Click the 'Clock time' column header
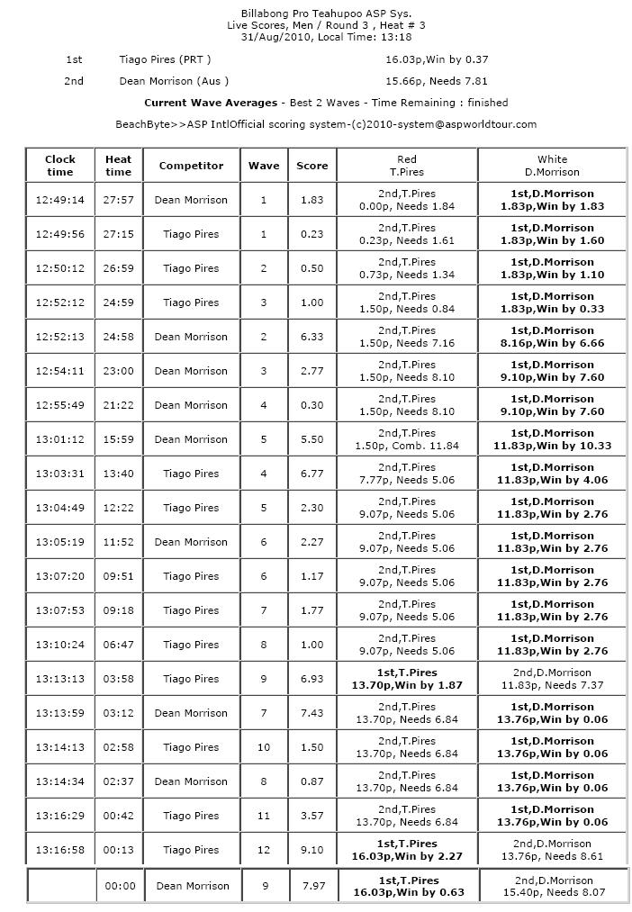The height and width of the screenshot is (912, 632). click(59, 166)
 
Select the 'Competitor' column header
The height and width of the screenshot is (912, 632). click(191, 166)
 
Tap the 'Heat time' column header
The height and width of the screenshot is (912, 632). click(118, 166)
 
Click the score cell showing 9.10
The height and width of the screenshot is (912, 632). click(312, 850)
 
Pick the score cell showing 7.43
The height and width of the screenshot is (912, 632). click(312, 713)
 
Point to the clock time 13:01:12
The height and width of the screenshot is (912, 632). click(59, 439)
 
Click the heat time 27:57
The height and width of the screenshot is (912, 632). click(118, 200)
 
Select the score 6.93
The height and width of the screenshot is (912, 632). click(312, 679)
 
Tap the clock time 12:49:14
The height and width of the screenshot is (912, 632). click(59, 200)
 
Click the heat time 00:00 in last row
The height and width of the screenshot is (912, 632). click(120, 886)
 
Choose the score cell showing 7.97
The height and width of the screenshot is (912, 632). click(314, 886)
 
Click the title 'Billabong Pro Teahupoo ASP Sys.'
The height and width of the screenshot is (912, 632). click(315, 14)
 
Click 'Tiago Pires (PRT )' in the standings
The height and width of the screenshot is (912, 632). click(165, 59)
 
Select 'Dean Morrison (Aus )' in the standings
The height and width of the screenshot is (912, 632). click(174, 81)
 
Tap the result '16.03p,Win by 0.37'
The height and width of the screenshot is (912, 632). click(437, 59)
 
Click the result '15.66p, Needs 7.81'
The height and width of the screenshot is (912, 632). click(437, 81)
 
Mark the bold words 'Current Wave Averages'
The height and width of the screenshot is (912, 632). click(211, 103)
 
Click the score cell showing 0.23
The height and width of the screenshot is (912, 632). click(312, 234)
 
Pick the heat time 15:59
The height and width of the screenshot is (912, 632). click(118, 439)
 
